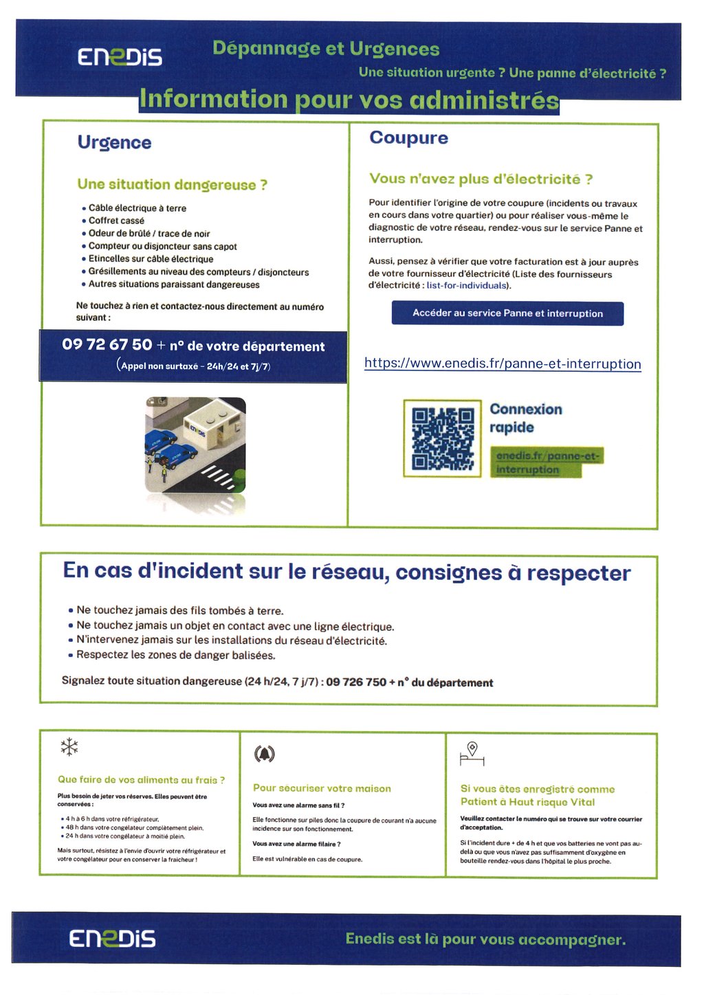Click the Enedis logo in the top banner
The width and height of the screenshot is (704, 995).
[x=120, y=56]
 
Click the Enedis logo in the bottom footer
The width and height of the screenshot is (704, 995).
[x=112, y=939]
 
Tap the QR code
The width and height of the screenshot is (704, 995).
[x=443, y=438]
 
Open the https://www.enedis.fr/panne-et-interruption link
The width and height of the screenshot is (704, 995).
[x=503, y=364]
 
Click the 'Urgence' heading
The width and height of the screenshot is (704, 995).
[x=114, y=142]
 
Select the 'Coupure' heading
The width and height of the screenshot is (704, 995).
[x=408, y=138]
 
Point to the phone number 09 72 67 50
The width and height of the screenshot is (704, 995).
[x=107, y=345]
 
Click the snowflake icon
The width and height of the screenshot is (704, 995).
[x=69, y=747]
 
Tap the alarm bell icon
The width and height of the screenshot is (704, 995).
[x=265, y=754]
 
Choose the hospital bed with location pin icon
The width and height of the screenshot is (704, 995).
[x=472, y=754]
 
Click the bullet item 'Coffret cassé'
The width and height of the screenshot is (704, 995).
[x=116, y=221]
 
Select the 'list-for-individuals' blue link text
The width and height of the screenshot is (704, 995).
[x=466, y=285]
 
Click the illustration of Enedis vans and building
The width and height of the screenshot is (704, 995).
[x=195, y=445]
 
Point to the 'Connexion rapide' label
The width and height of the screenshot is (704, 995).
[x=525, y=418]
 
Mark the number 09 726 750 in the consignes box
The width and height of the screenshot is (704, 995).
[x=356, y=682]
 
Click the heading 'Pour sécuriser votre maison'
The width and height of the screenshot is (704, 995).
[x=322, y=788]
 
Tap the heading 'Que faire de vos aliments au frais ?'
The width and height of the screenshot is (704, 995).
[x=141, y=780]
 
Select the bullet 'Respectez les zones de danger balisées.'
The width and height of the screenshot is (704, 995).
[x=175, y=655]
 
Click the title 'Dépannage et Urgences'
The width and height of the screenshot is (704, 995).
[x=326, y=49]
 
